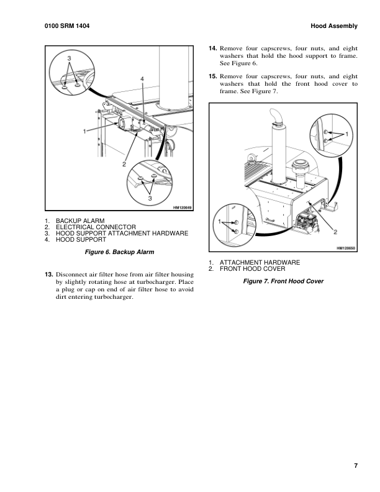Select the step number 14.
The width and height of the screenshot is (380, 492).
pyautogui.click(x=212, y=47)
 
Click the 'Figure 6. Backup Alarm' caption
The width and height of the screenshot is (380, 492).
pyautogui.click(x=119, y=252)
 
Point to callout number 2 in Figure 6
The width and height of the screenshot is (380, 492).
pyautogui.click(x=124, y=164)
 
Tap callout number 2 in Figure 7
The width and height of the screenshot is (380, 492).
pyautogui.click(x=335, y=232)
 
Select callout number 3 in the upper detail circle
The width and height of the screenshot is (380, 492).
pyautogui.click(x=70, y=58)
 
